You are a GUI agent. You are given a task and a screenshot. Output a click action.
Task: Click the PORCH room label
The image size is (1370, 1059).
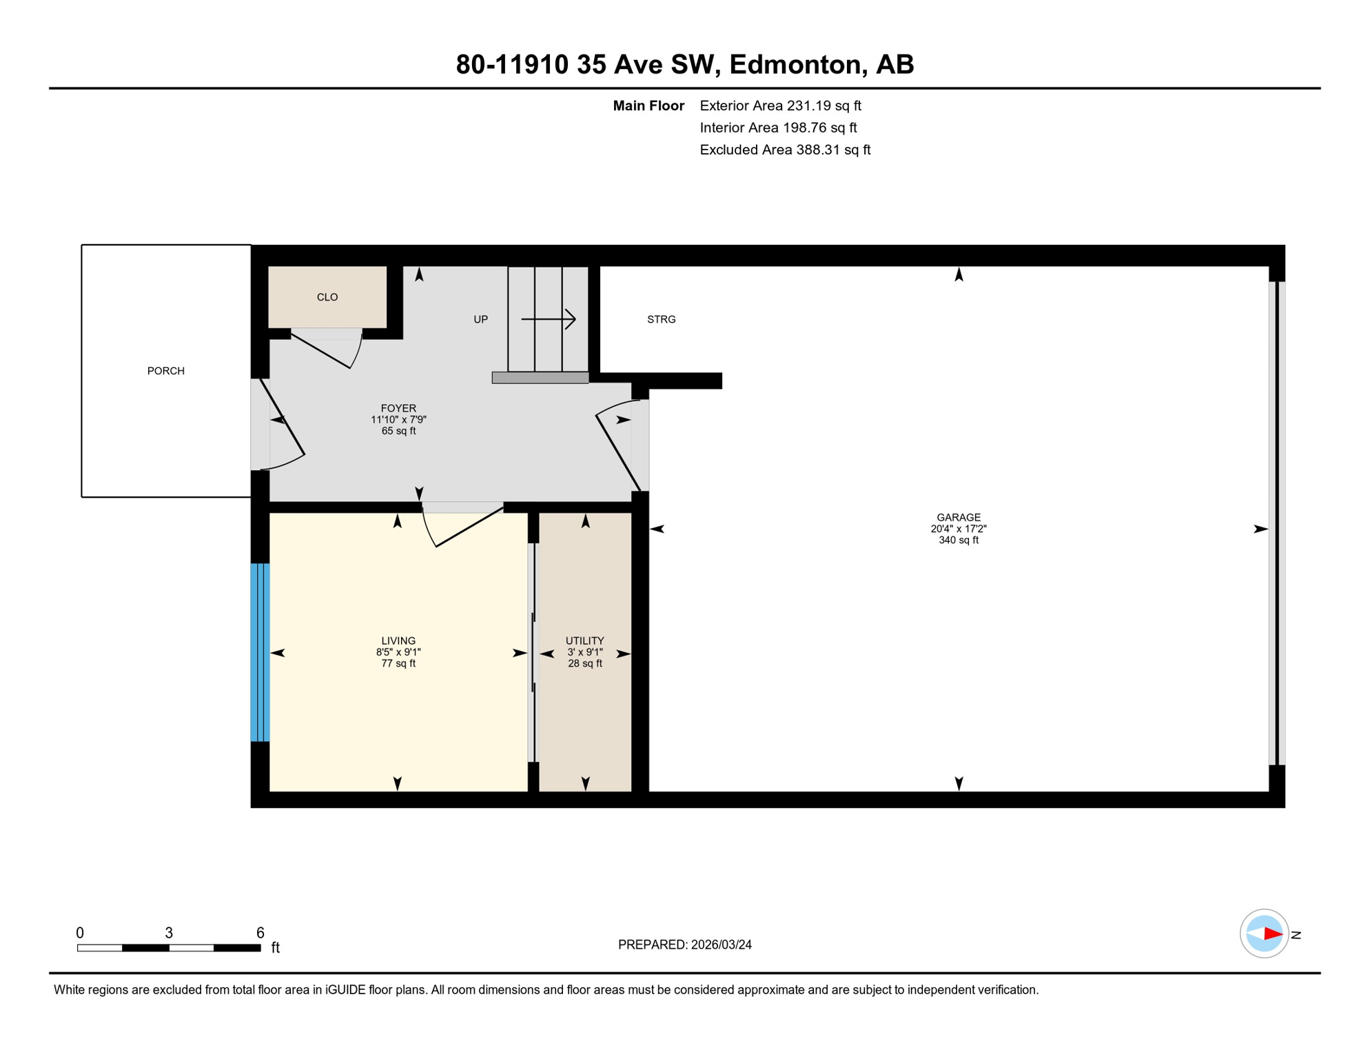(x=166, y=371)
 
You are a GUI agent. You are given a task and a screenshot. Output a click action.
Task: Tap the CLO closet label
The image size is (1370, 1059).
(x=327, y=297)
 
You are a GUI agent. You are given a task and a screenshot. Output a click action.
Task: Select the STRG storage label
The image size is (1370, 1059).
(x=661, y=319)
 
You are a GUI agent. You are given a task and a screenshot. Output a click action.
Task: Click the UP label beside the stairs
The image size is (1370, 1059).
(x=480, y=319)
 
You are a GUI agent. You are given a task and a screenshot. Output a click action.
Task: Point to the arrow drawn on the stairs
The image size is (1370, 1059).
(x=549, y=319)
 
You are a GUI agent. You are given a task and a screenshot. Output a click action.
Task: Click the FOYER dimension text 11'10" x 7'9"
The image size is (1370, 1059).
(x=398, y=419)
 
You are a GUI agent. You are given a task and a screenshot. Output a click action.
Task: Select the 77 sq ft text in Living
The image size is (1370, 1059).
(x=398, y=663)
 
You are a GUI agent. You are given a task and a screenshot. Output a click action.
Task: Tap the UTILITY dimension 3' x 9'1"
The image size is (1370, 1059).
(x=584, y=652)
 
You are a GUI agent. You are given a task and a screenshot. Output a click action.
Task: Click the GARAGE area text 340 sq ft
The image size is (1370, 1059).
(x=958, y=540)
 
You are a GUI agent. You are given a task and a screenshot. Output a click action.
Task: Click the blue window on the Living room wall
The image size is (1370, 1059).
(x=260, y=652)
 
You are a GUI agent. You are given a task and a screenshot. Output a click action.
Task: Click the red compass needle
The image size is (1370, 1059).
(x=1272, y=934)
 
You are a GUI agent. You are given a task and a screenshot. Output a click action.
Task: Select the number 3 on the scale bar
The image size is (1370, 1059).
(x=169, y=933)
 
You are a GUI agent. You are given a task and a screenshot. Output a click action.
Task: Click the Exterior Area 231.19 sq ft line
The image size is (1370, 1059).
(x=780, y=105)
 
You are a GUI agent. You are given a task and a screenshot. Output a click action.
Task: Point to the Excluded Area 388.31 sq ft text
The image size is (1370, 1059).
(x=785, y=150)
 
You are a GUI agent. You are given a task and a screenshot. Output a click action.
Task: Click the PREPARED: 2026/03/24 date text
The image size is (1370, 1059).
(x=684, y=945)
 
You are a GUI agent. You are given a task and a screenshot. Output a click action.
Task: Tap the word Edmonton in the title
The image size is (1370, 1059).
(x=795, y=64)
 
